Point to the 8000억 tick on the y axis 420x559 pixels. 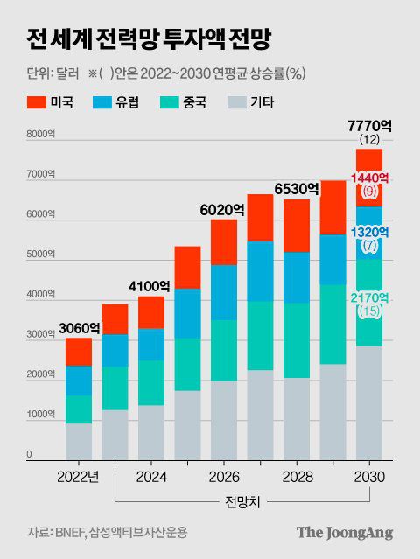41,134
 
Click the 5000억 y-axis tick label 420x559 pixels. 41,255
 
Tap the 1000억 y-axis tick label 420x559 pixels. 41,415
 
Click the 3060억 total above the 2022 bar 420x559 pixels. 78,329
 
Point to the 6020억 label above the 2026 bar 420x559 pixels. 223,210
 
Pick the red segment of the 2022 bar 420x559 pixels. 78,351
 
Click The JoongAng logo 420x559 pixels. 344,532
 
